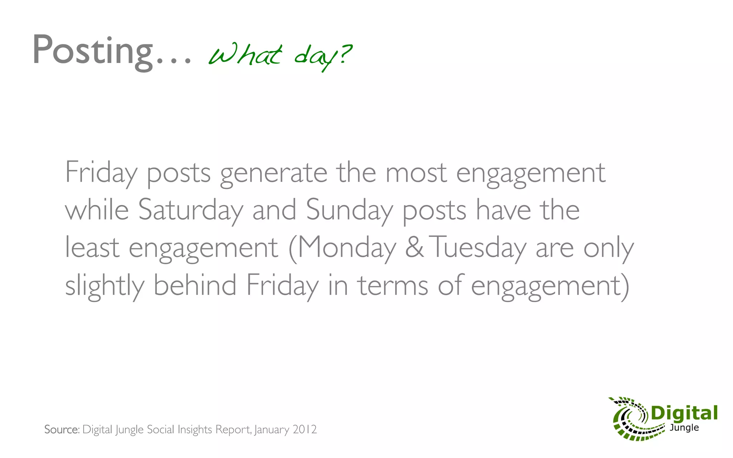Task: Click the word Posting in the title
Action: tap(92, 50)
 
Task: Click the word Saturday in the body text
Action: tap(190, 210)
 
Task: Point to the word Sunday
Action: tap(349, 210)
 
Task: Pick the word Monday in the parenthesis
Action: tap(346, 248)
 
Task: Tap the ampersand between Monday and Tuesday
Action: tap(414, 247)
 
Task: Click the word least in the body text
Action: tap(92, 247)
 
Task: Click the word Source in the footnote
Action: tap(61, 429)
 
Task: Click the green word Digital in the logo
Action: tap(684, 413)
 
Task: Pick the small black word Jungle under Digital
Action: tap(684, 428)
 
